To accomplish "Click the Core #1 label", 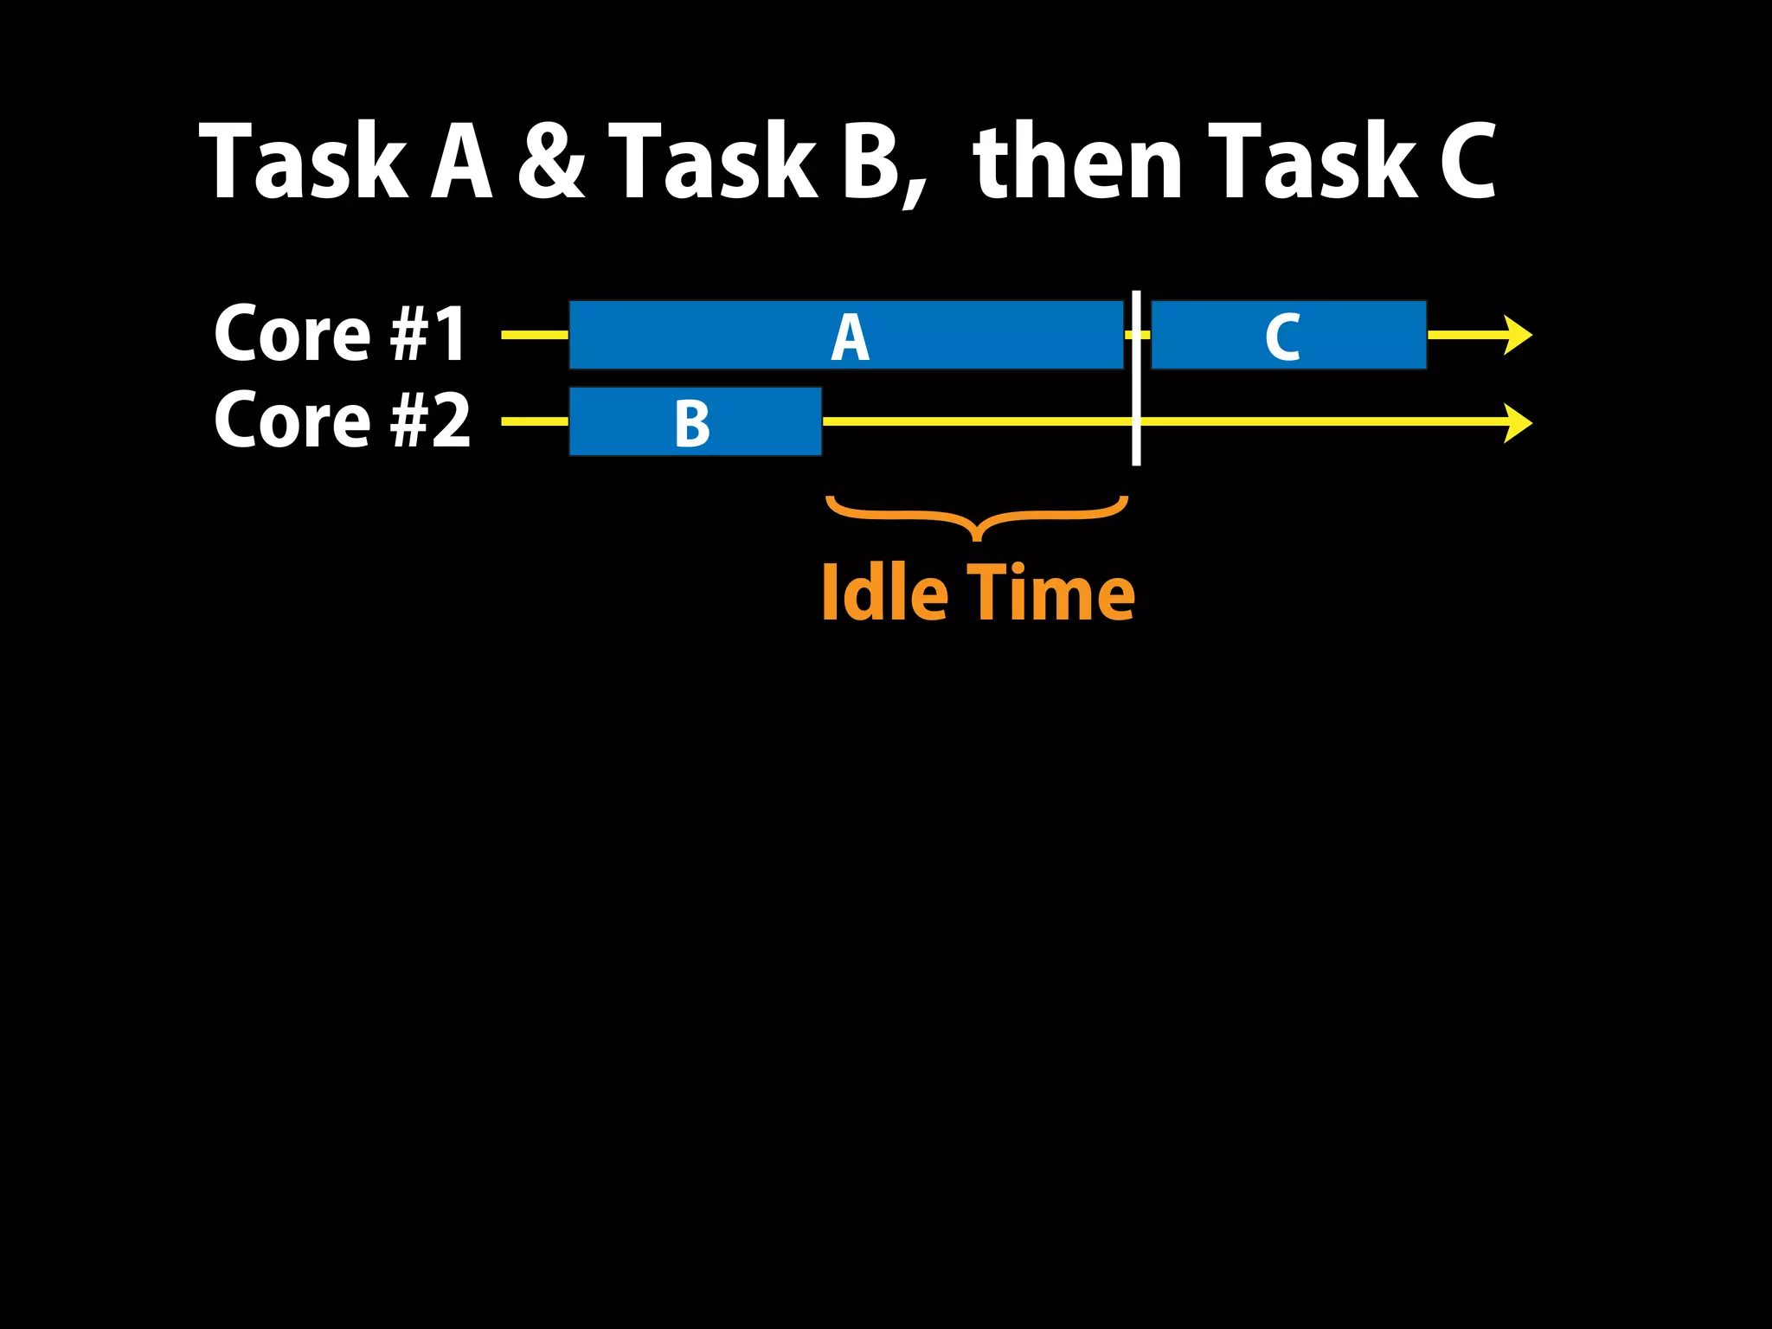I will tap(342, 334).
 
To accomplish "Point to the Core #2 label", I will tap(342, 421).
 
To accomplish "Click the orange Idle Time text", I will tap(978, 594).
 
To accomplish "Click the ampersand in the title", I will tap(551, 161).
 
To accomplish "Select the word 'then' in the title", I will tap(1077, 161).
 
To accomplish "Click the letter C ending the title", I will tap(1467, 161).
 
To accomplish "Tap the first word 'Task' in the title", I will tap(303, 161).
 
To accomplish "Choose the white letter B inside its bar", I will tap(692, 424).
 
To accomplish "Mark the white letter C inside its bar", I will tap(1282, 337).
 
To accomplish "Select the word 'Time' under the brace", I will tap(1050, 594).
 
